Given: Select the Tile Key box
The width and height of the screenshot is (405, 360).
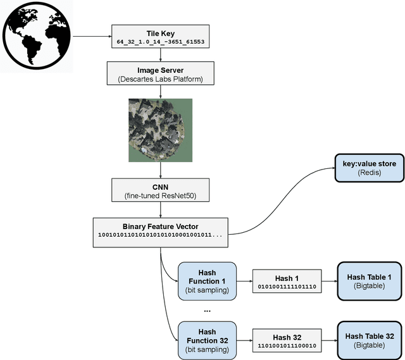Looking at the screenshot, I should pyautogui.click(x=160, y=36).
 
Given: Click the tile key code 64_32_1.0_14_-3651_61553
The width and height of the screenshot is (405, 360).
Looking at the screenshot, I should pyautogui.click(x=160, y=42).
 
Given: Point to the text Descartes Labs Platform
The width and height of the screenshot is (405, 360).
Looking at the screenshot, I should pyautogui.click(x=160, y=79).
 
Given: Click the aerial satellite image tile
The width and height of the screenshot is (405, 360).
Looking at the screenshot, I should pyautogui.click(x=160, y=130).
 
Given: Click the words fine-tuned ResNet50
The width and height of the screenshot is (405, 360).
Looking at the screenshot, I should pyautogui.click(x=160, y=196).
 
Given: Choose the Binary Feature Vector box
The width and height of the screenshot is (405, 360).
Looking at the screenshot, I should pyautogui.click(x=160, y=230).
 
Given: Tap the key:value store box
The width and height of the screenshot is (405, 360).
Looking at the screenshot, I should pyautogui.click(x=369, y=168).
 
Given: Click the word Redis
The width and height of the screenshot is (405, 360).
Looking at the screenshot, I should pyautogui.click(x=369, y=173).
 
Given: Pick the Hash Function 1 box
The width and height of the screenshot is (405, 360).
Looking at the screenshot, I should pyautogui.click(x=207, y=282).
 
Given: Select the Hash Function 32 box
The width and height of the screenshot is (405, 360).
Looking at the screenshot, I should pyautogui.click(x=207, y=341).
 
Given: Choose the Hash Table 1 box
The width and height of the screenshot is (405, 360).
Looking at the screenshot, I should pyautogui.click(x=369, y=282).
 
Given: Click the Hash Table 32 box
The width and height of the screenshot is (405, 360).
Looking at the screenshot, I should pyautogui.click(x=369, y=341).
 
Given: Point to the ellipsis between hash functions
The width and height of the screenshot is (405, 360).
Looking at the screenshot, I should pyautogui.click(x=207, y=311).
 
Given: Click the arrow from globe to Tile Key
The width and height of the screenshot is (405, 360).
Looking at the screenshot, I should pyautogui.click(x=92, y=35).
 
